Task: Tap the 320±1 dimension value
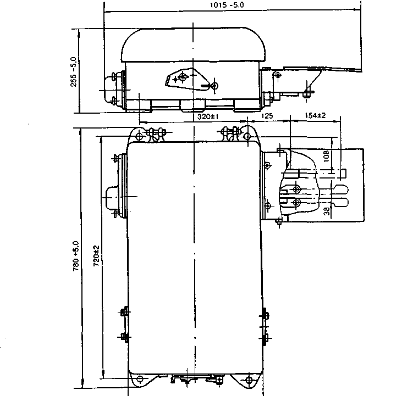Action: pos(208,117)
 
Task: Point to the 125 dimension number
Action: pos(267,116)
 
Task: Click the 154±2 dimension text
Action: pos(315,116)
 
